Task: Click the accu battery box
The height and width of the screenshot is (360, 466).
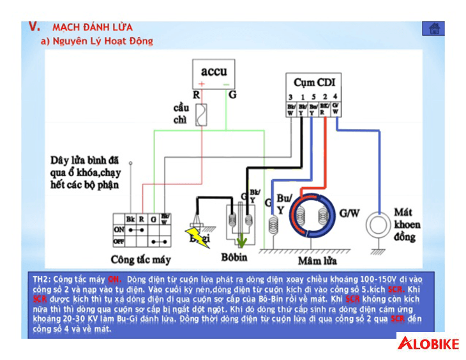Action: click(x=214, y=75)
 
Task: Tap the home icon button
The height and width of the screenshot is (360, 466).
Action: click(x=433, y=29)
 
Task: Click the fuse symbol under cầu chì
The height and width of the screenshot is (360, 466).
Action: click(x=200, y=117)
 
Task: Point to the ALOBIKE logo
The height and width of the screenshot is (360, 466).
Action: click(x=428, y=344)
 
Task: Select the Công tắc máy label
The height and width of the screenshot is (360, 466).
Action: click(x=141, y=260)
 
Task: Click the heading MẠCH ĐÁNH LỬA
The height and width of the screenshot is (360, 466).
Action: click(x=93, y=27)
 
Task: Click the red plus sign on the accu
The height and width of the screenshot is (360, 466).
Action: click(x=202, y=84)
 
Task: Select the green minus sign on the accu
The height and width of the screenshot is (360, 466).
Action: click(x=225, y=84)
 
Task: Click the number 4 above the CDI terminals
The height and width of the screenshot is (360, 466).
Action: click(x=336, y=96)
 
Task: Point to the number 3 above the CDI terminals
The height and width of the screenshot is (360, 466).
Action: click(x=290, y=96)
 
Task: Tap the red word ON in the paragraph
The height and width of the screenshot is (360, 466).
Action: click(x=114, y=279)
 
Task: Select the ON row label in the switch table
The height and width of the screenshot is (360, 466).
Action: click(x=119, y=230)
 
